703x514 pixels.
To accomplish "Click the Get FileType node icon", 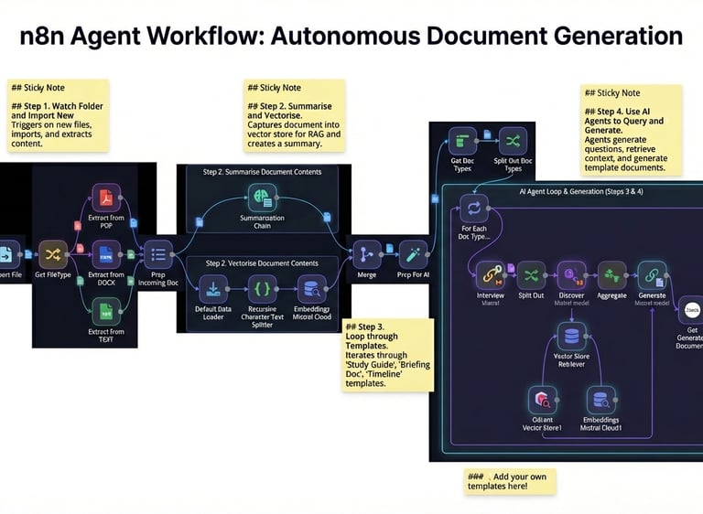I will coord(53,253).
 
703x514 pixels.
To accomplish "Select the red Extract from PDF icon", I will coord(106,198).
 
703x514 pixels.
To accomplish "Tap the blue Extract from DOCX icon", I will coord(106,253).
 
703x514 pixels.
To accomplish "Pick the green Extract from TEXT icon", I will coord(106,312).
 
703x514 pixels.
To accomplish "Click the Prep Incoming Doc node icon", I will coord(157,254).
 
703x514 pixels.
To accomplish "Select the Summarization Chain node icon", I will coord(263,197).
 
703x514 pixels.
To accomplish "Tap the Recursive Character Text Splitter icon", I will coord(263,290).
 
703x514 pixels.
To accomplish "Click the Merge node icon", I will coord(367,254).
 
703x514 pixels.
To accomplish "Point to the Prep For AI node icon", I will coord(413,254).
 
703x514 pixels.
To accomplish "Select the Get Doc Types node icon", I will coord(460,142).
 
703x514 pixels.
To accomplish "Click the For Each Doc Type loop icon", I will coord(473,206).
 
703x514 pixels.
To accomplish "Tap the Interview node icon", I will coord(490,275).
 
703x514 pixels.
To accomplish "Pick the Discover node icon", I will coord(571,274).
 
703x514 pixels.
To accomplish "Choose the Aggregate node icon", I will coord(611,274).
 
